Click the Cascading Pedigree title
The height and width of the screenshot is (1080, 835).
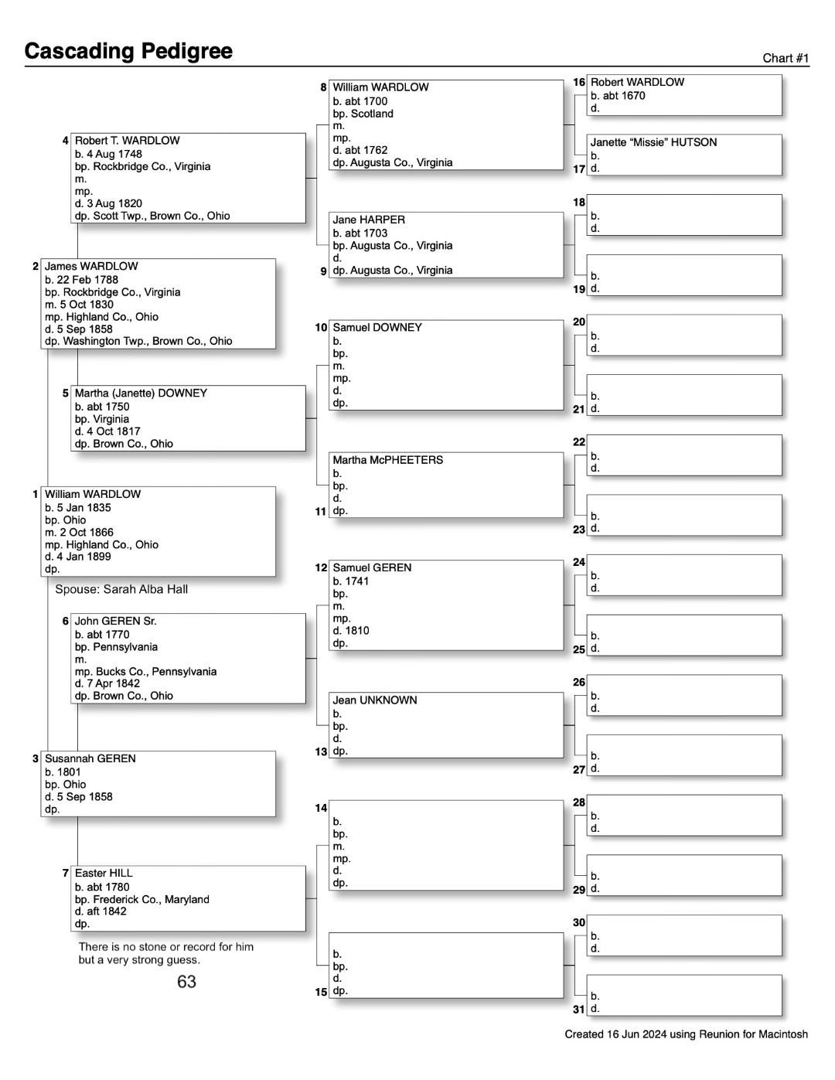[128, 51]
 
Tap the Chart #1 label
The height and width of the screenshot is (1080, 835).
[786, 58]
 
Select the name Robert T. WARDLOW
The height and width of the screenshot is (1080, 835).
[127, 141]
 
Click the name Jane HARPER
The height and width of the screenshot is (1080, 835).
[369, 220]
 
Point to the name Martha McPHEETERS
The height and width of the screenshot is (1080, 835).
[387, 460]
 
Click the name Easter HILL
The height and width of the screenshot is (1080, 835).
[104, 873]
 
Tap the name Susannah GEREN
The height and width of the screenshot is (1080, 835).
[90, 758]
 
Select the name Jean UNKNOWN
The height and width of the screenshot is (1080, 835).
[374, 700]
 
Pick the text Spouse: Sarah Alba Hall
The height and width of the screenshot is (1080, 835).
[121, 589]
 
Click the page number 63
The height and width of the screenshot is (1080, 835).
[186, 982]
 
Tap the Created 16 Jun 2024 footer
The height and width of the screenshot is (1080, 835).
[686, 1034]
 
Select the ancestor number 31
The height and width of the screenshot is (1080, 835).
[578, 1009]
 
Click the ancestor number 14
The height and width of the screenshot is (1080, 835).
[320, 808]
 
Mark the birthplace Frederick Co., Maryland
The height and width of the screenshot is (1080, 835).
[141, 899]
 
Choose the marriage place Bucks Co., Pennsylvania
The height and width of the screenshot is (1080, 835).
[145, 671]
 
